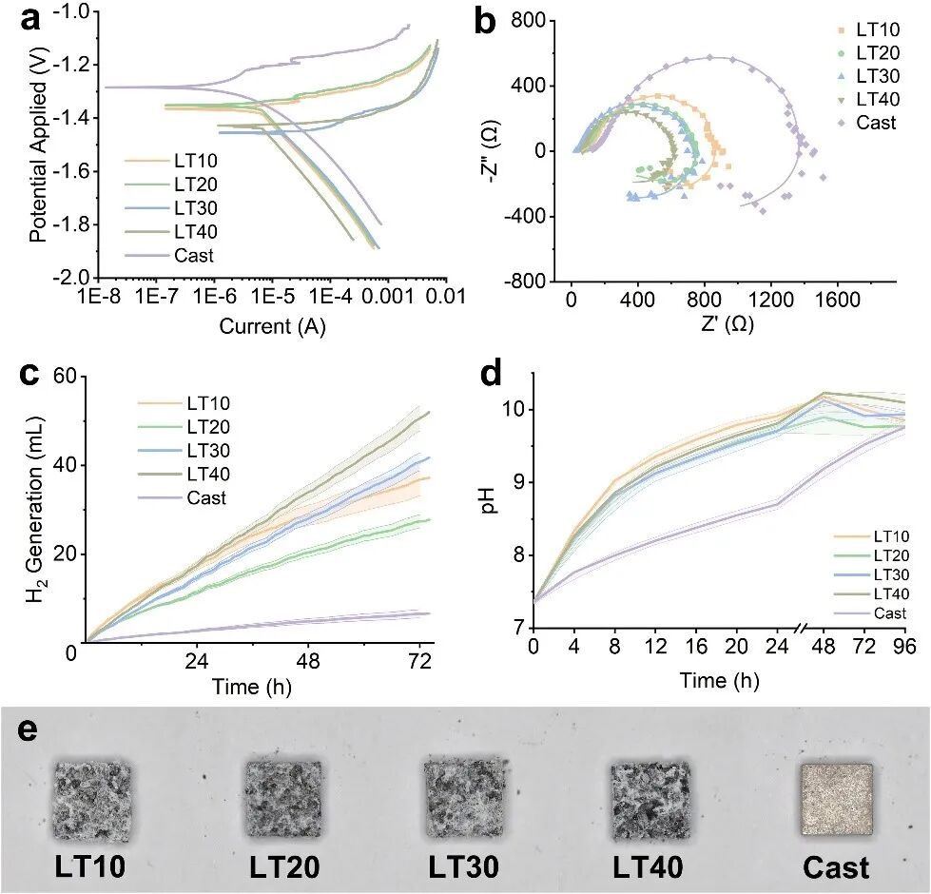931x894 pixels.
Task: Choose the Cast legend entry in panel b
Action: coord(876,122)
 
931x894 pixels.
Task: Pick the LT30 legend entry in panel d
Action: coord(888,574)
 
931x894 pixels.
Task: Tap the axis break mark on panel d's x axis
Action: coord(805,629)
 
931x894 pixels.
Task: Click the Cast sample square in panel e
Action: coord(836,799)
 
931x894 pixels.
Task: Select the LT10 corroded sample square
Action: coord(91,799)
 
